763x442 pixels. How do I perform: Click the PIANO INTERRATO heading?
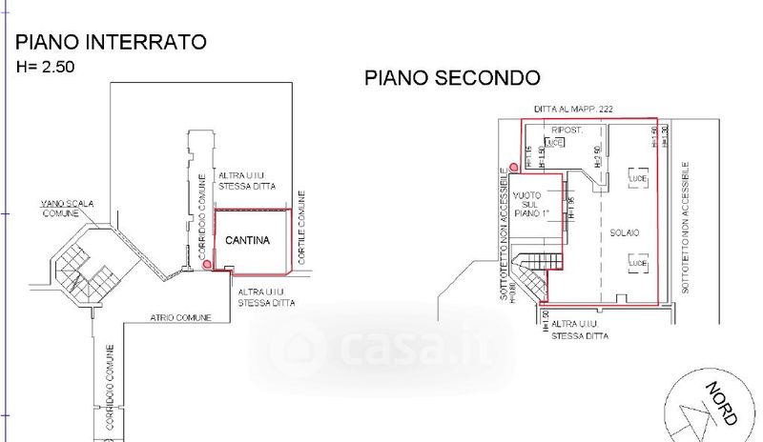111,42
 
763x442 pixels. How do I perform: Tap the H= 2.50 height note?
45,68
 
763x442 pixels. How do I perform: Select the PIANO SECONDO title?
453,78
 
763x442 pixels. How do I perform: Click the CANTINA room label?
248,240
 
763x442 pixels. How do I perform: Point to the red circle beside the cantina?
208,266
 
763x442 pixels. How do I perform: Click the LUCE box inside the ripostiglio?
554,143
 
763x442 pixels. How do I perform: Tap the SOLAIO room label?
625,232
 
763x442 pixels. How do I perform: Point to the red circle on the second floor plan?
513,168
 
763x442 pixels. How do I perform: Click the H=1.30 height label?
664,135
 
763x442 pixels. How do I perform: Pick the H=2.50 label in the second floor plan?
597,157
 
